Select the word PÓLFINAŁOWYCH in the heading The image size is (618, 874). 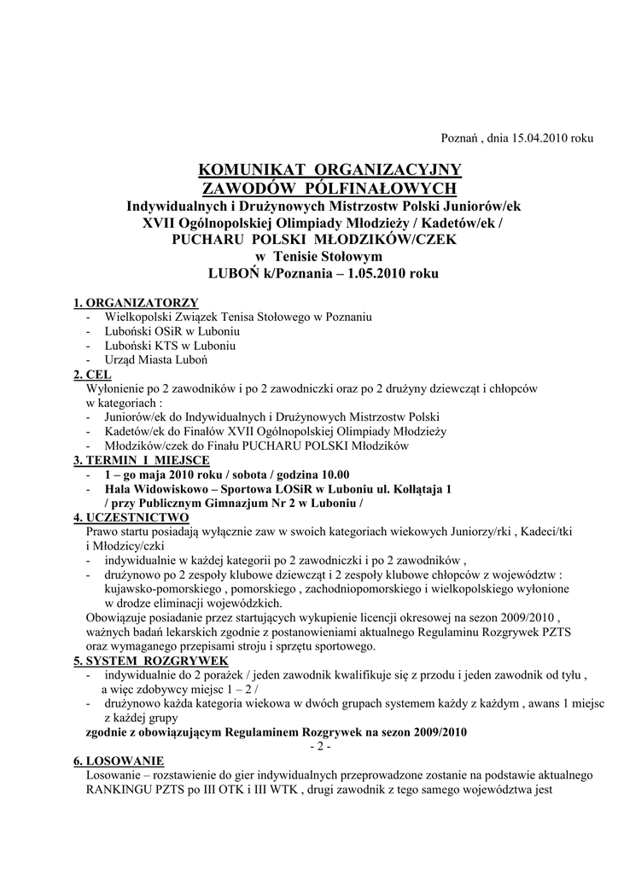point(383,187)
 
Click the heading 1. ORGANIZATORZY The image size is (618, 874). point(136,303)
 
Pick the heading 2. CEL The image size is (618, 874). point(92,374)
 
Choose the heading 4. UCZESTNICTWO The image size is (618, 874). point(131,517)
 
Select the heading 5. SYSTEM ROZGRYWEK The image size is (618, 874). point(150,661)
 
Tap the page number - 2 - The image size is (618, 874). point(319,747)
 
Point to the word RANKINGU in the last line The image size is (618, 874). point(120,790)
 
